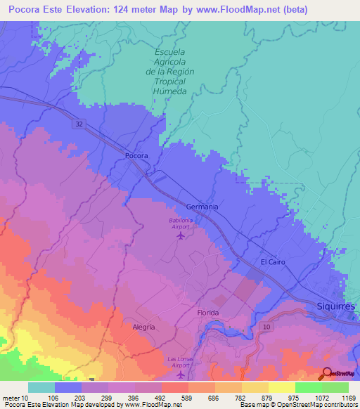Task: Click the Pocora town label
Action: (136, 156)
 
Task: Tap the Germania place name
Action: (202, 207)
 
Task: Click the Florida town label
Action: (207, 313)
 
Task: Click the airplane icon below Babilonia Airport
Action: (181, 235)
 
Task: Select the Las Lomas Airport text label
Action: (179, 362)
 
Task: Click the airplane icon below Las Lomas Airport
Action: (180, 374)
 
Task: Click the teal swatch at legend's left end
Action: (41, 387)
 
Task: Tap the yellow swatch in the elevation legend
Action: (281, 387)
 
